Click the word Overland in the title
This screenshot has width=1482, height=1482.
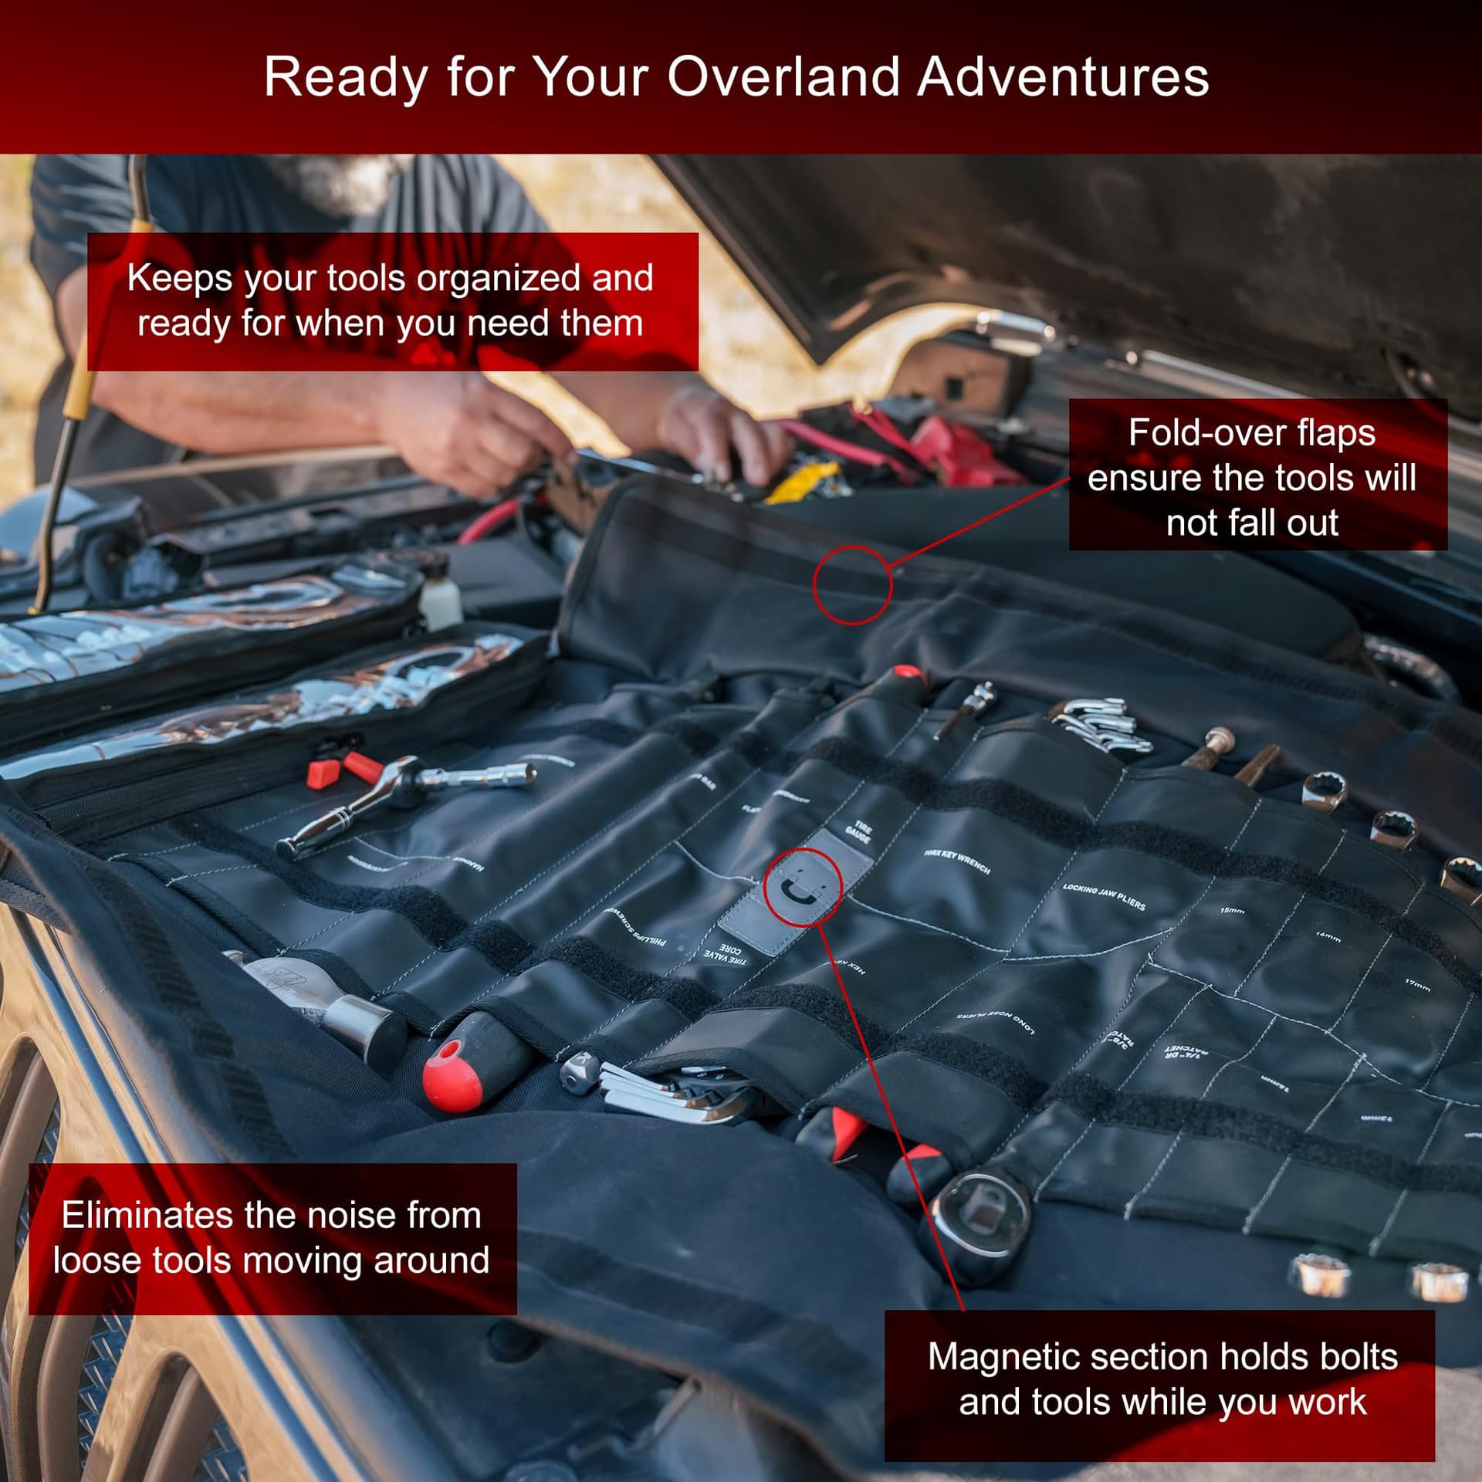pyautogui.click(x=783, y=77)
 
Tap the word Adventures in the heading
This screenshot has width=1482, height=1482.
pyautogui.click(x=1063, y=77)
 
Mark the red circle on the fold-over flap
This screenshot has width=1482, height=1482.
pyautogui.click(x=852, y=584)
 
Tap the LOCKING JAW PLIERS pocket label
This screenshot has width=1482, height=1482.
pyautogui.click(x=1104, y=897)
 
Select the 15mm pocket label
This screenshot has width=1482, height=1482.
pyautogui.click(x=1232, y=911)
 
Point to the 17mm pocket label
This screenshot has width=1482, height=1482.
pyautogui.click(x=1417, y=985)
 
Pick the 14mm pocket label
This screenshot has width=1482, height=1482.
pyautogui.click(x=1328, y=937)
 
